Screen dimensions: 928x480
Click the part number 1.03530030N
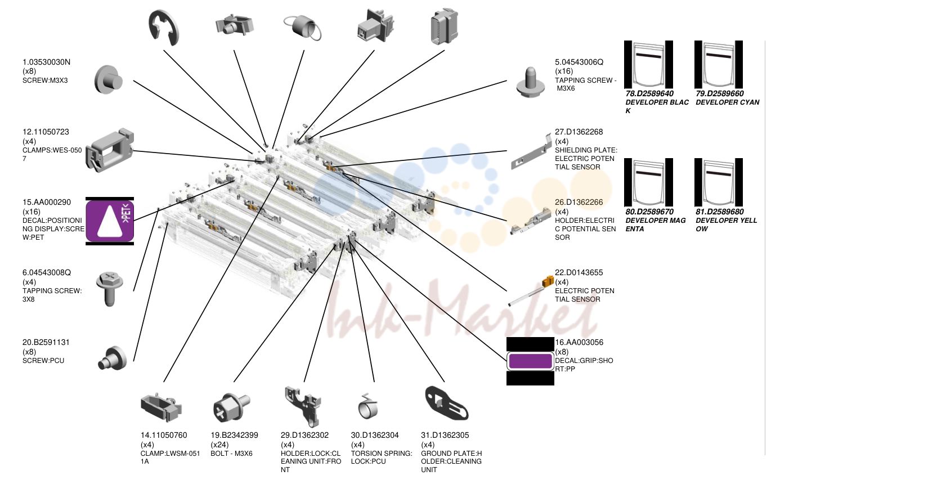point(46,62)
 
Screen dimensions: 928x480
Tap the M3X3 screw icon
point(109,79)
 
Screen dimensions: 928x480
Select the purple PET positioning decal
point(110,221)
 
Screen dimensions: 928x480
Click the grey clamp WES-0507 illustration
point(110,150)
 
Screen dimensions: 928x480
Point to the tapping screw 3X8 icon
point(109,289)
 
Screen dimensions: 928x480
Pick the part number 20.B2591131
point(46,343)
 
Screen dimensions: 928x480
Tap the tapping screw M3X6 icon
point(530,82)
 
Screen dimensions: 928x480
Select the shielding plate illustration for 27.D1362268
point(531,151)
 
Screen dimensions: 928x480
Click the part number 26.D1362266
point(579,203)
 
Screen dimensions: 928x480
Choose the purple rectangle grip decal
point(530,361)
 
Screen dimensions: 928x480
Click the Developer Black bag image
point(648,65)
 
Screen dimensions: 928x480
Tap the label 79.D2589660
point(720,93)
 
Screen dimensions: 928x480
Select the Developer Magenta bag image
point(648,182)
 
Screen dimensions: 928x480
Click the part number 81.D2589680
point(720,212)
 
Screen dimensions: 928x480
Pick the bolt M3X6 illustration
point(232,407)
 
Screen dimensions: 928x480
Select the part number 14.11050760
point(164,436)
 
